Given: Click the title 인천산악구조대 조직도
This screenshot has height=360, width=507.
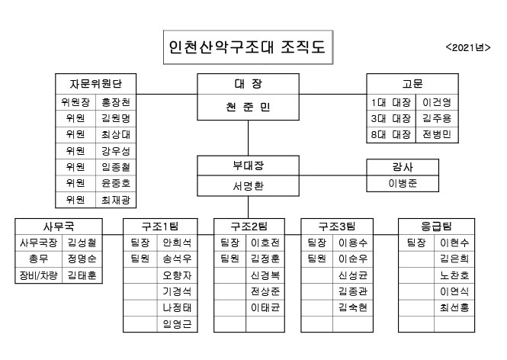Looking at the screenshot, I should [x=245, y=47].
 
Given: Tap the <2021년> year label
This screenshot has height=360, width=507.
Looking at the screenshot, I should [x=467, y=47].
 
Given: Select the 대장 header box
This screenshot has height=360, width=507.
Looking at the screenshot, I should [x=248, y=83].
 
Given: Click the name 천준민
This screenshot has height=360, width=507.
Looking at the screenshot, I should [x=248, y=108].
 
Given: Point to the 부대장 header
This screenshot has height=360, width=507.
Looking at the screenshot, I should [x=248, y=166].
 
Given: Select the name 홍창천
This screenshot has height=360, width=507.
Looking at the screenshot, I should [x=115, y=101].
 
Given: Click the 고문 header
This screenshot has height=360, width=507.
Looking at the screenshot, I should [x=412, y=83].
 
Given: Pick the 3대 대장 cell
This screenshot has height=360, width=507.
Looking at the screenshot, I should [x=390, y=117].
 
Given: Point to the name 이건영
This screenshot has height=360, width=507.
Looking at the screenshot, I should [x=435, y=101].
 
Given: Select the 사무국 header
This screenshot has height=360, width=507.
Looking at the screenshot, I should [x=58, y=226].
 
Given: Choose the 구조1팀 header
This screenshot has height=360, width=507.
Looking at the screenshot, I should [x=161, y=226].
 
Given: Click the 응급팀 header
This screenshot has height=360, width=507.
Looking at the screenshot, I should [x=435, y=226].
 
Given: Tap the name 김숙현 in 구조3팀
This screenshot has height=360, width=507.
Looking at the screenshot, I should [x=353, y=308].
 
